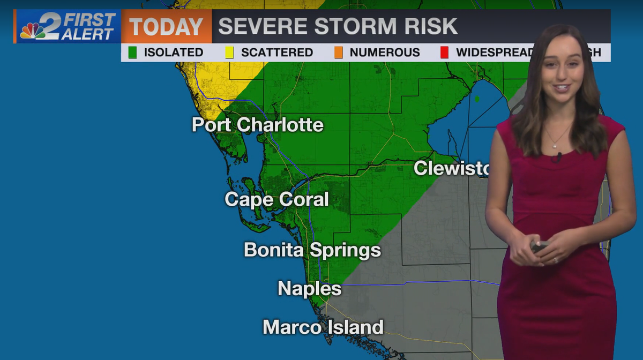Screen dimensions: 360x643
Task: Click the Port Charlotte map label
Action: (258, 125)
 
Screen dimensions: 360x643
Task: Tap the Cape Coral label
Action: (276, 199)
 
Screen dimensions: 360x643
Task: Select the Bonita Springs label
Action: (312, 250)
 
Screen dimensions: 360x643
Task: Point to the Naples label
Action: (309, 289)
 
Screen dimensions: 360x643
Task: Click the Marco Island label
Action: (323, 327)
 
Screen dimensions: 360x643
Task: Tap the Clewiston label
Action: (452, 168)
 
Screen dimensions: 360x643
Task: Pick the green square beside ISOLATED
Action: (132, 52)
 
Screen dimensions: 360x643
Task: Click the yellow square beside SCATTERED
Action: (229, 52)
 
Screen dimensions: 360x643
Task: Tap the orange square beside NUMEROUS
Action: (338, 52)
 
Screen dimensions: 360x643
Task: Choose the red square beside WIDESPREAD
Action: (444, 52)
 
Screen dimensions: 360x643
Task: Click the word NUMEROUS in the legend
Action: (384, 52)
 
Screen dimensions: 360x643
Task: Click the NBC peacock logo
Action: (33, 31)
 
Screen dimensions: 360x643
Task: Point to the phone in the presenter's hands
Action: (538, 246)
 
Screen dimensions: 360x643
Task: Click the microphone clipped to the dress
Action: (558, 157)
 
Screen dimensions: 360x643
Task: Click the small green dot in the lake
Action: (477, 99)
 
